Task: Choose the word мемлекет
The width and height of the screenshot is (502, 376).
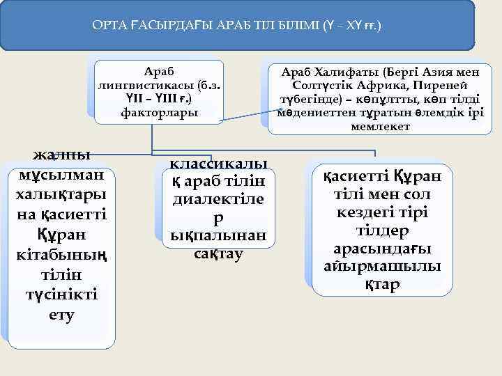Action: (x=380, y=127)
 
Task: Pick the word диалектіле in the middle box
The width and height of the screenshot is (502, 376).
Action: (x=218, y=201)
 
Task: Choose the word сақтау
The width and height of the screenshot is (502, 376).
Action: (x=218, y=253)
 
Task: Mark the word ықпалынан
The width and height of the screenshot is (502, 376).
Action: (x=218, y=235)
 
